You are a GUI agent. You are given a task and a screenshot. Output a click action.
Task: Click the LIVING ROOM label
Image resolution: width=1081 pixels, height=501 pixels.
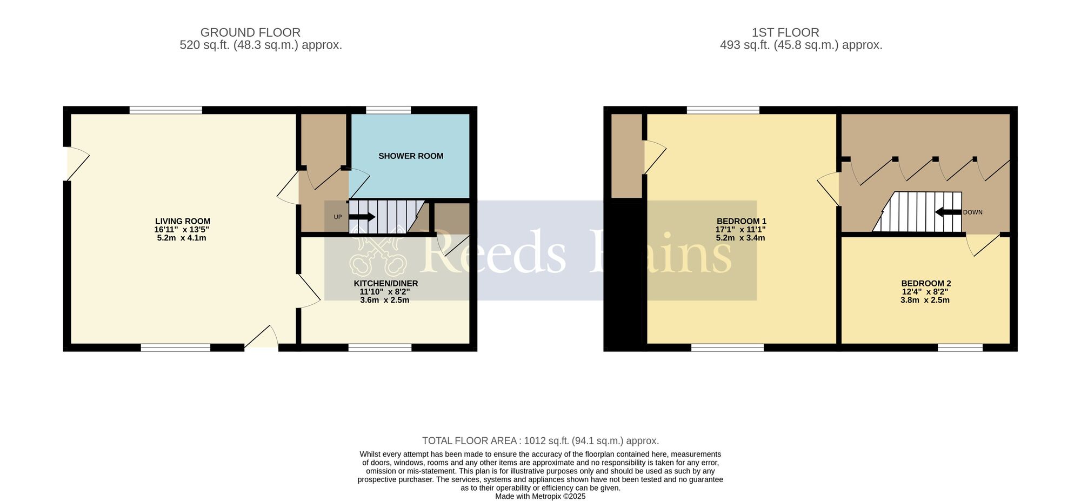click(183, 221)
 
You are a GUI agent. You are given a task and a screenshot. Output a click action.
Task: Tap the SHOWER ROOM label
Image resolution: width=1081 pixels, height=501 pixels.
click(411, 156)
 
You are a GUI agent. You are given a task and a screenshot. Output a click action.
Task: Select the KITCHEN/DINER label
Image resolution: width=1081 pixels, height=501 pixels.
click(385, 283)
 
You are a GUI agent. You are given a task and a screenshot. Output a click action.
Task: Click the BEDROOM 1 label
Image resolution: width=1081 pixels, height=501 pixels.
click(741, 221)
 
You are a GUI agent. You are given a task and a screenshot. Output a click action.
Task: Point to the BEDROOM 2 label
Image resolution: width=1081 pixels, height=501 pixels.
click(925, 283)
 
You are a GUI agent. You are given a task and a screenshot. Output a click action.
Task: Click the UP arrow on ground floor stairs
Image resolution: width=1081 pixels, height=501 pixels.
click(362, 217)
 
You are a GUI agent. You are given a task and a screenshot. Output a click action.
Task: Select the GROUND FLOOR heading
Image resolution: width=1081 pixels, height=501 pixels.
click(250, 32)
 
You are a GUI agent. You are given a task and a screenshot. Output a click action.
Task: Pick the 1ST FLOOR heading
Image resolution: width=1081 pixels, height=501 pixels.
click(785, 32)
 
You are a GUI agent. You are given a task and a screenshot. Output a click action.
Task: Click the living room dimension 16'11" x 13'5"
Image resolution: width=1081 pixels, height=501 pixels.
click(182, 230)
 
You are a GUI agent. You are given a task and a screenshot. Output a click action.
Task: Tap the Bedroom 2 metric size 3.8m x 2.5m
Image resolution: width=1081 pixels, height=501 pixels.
click(925, 300)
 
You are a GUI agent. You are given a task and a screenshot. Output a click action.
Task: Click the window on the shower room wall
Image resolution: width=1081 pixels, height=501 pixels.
click(388, 110)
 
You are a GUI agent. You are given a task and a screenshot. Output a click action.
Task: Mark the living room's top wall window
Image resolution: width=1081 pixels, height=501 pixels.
click(166, 110)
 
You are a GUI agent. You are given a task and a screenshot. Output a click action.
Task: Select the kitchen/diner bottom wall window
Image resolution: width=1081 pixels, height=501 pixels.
click(379, 348)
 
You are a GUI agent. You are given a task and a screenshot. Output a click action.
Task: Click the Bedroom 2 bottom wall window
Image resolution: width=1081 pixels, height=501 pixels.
click(960, 348)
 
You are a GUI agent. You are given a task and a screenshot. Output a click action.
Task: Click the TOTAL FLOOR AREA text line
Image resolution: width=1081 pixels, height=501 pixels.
click(540, 441)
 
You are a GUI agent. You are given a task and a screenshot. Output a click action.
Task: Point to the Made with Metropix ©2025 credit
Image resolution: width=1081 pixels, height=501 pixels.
click(540, 496)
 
